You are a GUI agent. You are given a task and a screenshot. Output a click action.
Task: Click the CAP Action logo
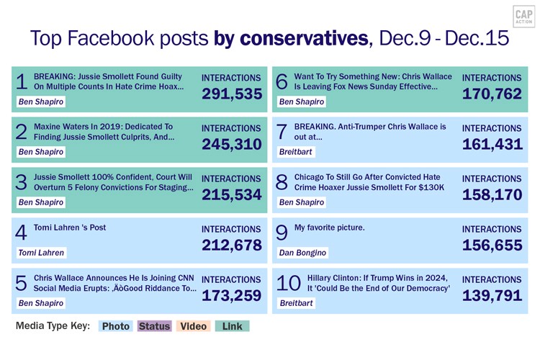click(523, 17)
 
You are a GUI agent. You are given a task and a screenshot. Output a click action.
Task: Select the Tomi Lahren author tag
click(41, 253)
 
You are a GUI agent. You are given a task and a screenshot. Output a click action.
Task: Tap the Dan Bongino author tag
click(302, 253)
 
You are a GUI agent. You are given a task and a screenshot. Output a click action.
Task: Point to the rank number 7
click(282, 132)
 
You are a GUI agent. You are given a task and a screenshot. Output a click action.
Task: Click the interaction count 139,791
click(492, 295)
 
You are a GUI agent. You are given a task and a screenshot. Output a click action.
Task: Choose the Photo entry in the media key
click(115, 326)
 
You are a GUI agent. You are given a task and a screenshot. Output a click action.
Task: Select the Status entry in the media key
click(154, 326)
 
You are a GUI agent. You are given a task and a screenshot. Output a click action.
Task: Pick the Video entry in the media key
click(193, 326)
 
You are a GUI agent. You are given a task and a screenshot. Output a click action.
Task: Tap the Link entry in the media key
click(232, 326)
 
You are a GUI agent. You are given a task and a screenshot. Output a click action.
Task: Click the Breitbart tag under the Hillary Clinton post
click(296, 303)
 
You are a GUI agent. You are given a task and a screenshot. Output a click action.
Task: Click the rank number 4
click(21, 233)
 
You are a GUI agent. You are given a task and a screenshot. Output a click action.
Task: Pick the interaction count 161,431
click(492, 145)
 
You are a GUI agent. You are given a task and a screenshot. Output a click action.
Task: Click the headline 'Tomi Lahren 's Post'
click(70, 228)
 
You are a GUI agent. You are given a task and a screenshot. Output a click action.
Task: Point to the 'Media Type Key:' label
click(53, 326)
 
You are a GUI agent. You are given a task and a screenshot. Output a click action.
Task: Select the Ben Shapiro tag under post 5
click(41, 303)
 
